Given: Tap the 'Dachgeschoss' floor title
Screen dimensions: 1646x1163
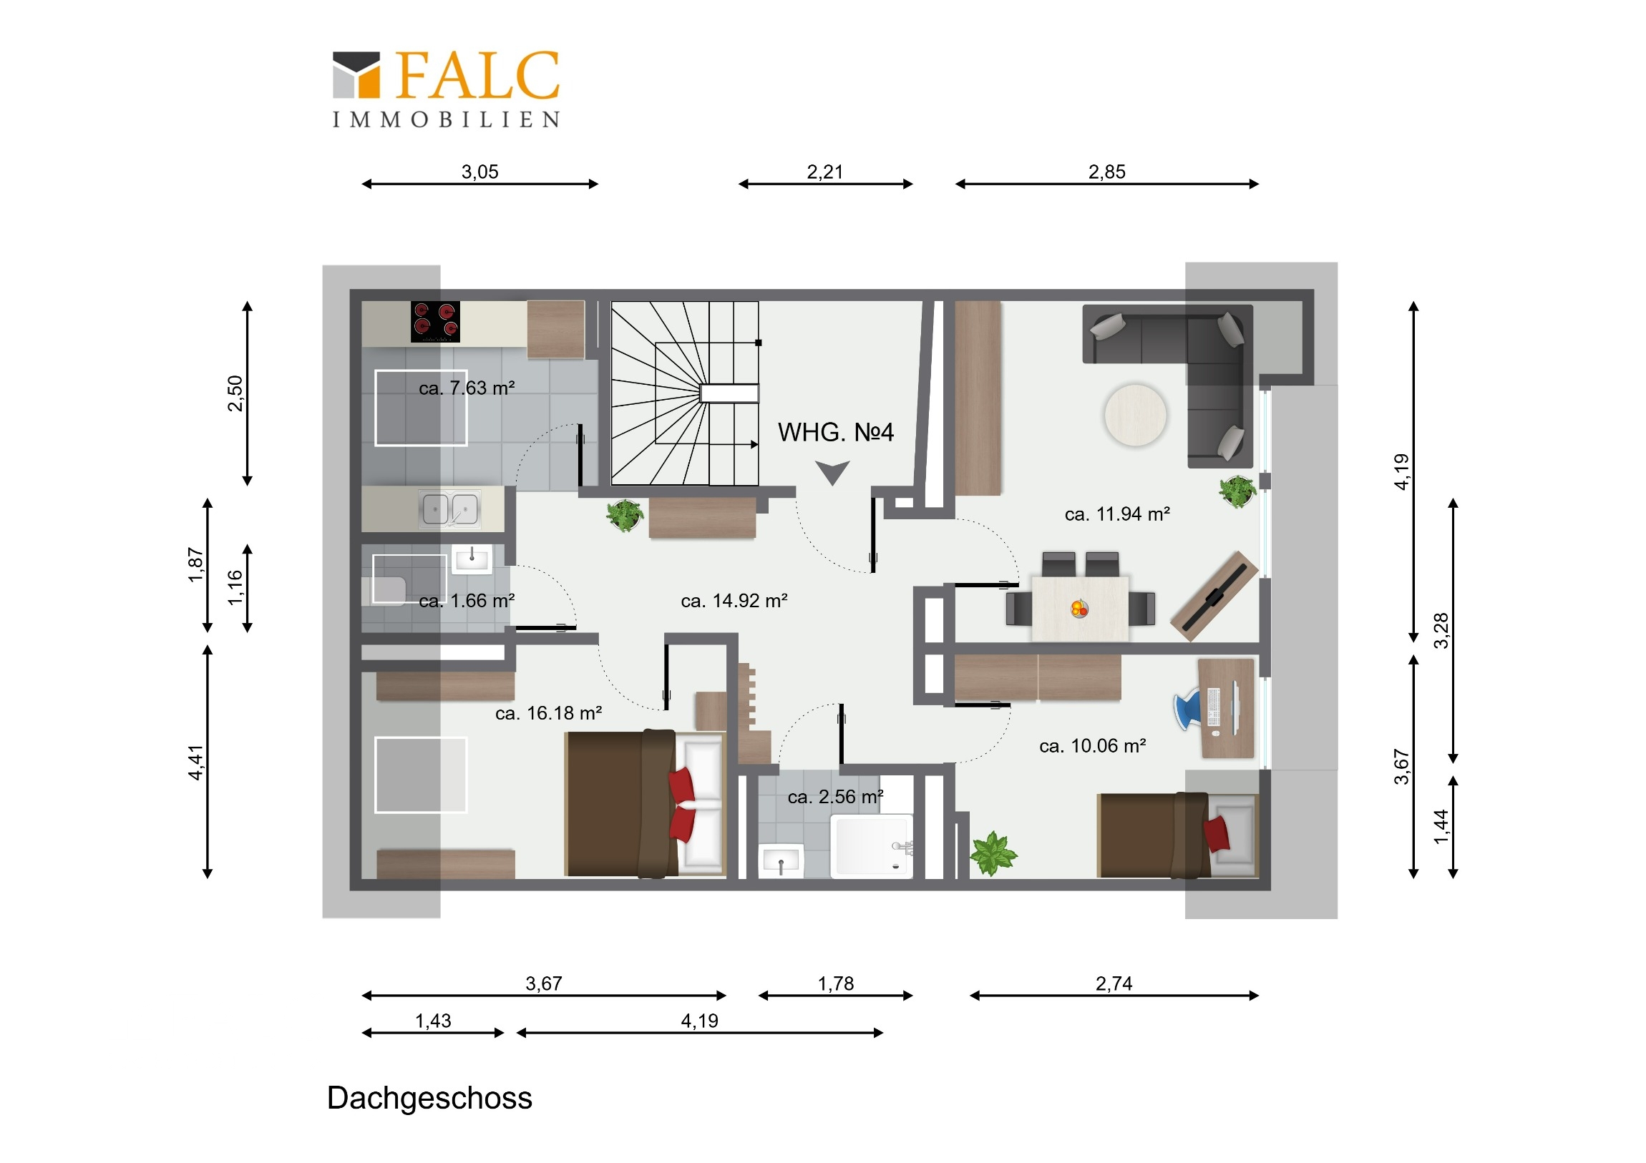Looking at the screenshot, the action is click(429, 1099).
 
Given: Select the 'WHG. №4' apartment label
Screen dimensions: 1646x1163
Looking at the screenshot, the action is click(835, 432).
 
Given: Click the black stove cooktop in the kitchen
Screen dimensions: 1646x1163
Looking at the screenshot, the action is click(435, 321).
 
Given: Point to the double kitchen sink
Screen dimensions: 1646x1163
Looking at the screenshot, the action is click(450, 509).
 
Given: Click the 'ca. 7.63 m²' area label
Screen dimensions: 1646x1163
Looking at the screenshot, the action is click(467, 388).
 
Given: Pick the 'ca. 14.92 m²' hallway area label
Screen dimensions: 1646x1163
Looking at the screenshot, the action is click(734, 601).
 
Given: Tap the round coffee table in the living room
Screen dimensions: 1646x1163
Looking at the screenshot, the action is click(1136, 415).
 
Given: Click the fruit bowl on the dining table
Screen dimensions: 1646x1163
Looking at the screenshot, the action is click(1080, 609).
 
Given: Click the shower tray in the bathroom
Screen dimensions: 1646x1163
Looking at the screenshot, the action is click(872, 846).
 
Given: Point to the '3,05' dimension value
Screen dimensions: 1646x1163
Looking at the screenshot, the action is click(479, 172).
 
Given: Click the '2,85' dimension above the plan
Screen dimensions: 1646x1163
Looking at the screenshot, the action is click(1107, 172).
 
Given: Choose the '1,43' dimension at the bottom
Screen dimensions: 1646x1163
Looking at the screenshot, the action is click(433, 1021).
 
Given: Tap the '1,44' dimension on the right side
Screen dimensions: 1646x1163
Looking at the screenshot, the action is click(1442, 827).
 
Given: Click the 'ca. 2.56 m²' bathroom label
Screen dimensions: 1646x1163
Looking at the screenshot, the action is click(835, 797).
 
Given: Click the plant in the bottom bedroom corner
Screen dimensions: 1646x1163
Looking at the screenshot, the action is click(993, 853).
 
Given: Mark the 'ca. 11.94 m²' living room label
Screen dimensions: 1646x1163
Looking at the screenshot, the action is click(1117, 514).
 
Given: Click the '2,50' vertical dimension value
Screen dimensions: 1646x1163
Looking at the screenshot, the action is click(235, 393).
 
